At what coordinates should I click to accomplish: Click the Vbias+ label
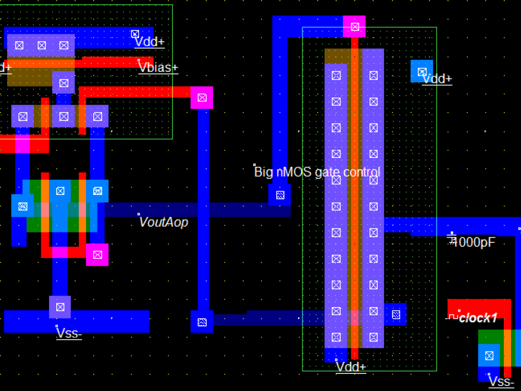click(158, 68)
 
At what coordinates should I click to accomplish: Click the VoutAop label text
click(164, 222)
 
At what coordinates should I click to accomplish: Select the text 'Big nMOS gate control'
click(317, 172)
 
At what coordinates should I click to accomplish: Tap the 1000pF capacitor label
click(474, 242)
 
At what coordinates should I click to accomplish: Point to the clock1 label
click(478, 317)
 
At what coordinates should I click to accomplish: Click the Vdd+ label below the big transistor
click(351, 367)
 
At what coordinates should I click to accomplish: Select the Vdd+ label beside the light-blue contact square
click(437, 79)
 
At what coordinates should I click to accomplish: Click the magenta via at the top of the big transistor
click(354, 27)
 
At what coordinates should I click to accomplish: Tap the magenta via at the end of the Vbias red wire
click(202, 97)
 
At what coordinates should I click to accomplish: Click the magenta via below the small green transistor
click(97, 254)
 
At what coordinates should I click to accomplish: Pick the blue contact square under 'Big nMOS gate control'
click(280, 195)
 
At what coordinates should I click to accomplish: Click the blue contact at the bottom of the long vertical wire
click(202, 322)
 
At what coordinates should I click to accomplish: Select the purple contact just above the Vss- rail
click(60, 307)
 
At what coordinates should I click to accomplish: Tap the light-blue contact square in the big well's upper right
click(421, 71)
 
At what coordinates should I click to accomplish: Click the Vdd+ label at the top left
click(150, 42)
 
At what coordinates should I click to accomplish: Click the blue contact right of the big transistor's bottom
click(395, 314)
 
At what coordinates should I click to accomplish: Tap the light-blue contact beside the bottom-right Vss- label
click(489, 356)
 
